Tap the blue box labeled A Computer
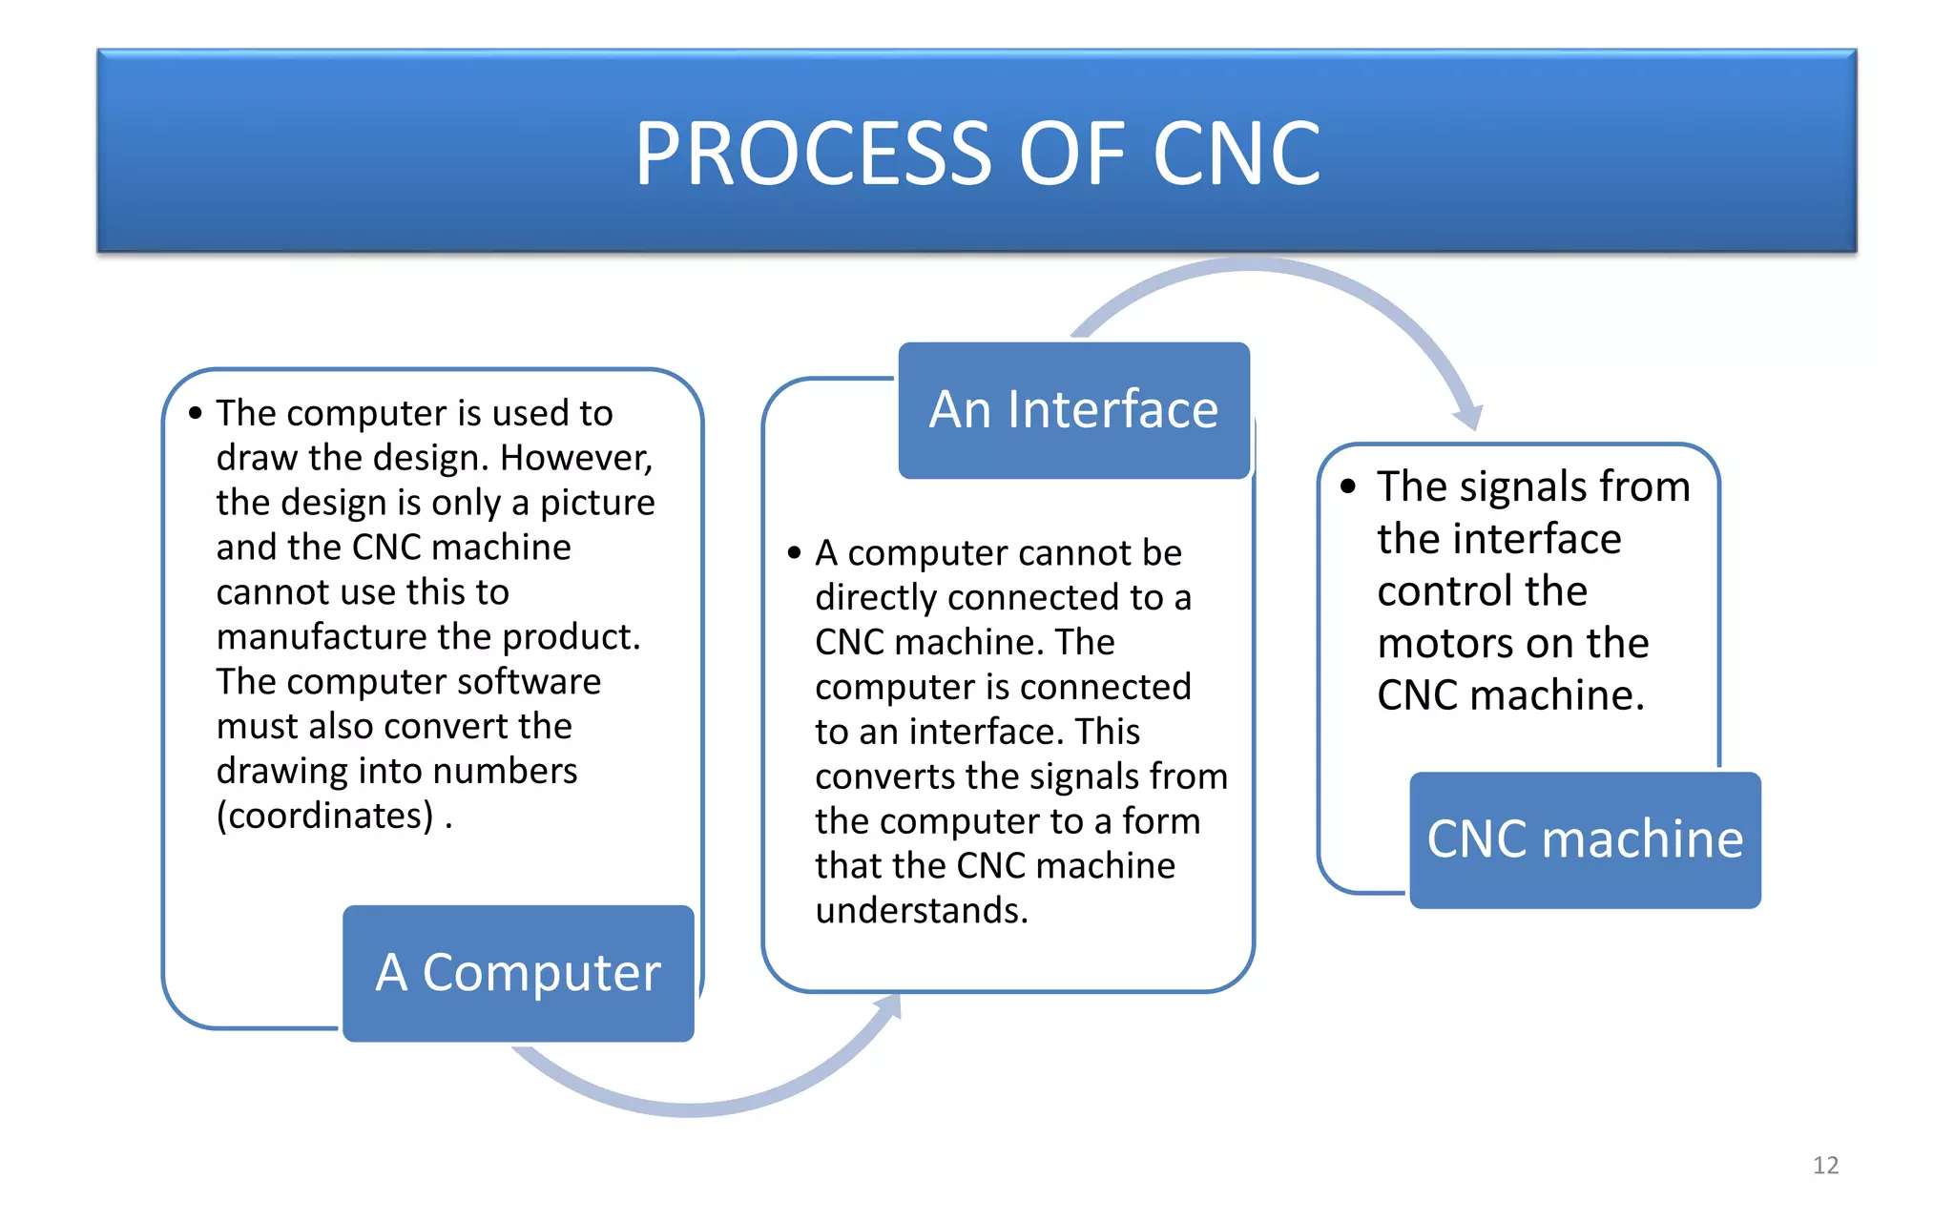click(x=518, y=973)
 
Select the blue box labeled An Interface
click(x=1073, y=410)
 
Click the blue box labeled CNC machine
click(x=1585, y=839)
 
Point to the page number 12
click(x=1825, y=1165)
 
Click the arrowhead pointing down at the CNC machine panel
click(x=1469, y=418)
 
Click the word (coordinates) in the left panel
click(x=325, y=817)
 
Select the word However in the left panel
click(x=575, y=459)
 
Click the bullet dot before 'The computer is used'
click(x=196, y=413)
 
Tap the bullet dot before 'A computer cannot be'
click(x=794, y=552)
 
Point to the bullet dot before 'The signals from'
click(x=1347, y=486)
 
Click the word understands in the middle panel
click(x=921, y=911)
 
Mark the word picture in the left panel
click(x=597, y=504)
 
